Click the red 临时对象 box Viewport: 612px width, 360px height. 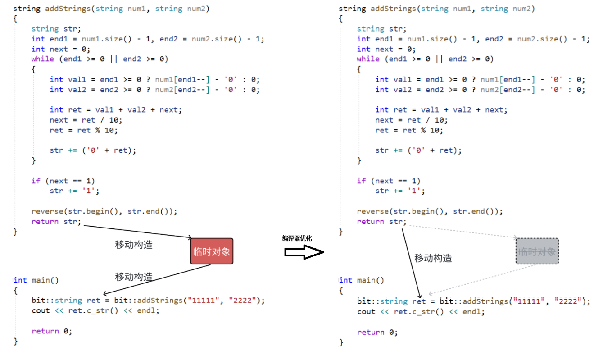(x=212, y=251)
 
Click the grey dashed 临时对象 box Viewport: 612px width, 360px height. (x=537, y=251)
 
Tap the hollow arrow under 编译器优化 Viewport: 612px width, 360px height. (x=304, y=252)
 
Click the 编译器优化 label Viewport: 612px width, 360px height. (x=297, y=238)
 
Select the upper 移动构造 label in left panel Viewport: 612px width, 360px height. (x=134, y=245)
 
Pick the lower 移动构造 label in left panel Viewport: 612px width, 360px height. (x=134, y=277)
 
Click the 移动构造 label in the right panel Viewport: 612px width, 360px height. (x=433, y=258)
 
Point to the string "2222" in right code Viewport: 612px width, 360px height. (x=568, y=301)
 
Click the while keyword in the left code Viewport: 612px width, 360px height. (x=42, y=59)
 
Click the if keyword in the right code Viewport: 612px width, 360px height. (x=361, y=181)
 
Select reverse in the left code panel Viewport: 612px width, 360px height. (x=47, y=211)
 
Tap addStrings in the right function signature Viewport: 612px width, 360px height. (x=393, y=9)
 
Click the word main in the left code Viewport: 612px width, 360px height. (x=41, y=280)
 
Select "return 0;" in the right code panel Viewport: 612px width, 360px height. (x=377, y=332)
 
